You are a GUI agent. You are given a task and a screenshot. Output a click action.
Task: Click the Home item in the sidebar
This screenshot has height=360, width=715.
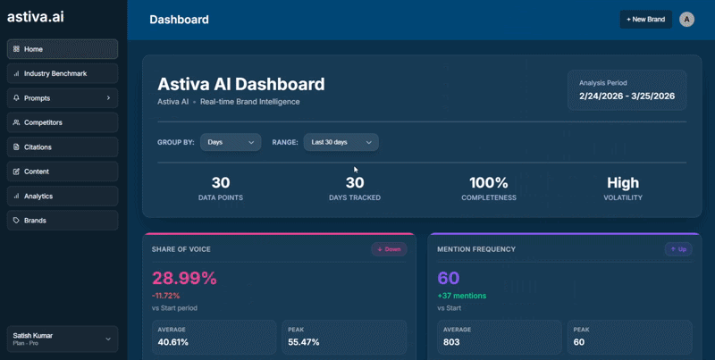62,49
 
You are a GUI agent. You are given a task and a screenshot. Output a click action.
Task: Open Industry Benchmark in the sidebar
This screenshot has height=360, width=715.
62,73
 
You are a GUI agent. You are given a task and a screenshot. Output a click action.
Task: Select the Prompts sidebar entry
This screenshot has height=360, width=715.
62,98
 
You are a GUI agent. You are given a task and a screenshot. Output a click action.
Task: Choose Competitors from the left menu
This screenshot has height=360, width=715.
62,122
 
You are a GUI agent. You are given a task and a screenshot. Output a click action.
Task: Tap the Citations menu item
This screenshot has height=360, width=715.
62,147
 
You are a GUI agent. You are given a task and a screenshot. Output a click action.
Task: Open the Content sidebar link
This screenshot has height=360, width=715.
62,172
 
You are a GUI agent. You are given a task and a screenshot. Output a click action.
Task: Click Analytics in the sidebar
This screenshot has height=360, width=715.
62,196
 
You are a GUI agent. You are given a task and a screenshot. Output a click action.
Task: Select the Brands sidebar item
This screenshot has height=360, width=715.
62,220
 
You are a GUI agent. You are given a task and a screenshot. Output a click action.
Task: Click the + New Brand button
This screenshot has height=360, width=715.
645,19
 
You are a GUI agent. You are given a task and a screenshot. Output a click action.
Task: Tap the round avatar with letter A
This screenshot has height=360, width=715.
686,19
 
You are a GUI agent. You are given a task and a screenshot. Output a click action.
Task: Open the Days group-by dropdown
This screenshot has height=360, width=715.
231,142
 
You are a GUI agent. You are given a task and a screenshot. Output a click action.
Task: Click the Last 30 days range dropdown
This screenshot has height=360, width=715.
341,142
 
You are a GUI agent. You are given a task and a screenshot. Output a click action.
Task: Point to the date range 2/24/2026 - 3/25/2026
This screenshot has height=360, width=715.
627,96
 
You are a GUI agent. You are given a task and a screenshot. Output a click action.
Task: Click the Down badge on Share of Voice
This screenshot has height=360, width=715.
389,249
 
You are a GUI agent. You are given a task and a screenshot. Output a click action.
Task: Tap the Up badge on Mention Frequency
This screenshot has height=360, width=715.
677,249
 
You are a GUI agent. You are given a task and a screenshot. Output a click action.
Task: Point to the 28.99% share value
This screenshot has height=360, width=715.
184,278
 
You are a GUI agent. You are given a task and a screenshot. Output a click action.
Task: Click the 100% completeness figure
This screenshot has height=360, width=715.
488,183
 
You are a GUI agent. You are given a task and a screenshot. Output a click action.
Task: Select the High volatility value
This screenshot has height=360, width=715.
623,183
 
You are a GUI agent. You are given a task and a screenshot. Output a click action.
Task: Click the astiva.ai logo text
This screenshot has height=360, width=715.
36,16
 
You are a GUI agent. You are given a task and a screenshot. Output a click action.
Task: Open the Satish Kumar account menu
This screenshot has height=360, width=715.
62,339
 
